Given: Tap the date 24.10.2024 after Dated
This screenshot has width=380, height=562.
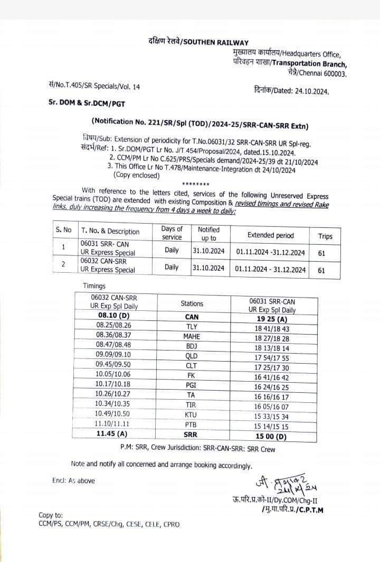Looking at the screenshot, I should tap(310, 91).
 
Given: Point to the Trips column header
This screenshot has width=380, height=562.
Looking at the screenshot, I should tap(326, 236).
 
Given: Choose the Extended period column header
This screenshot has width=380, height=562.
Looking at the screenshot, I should tap(270, 235).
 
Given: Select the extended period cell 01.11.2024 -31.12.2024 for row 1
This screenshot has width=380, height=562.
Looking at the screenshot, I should tap(270, 253).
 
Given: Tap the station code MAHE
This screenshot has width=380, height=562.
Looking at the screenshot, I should tap(192, 336).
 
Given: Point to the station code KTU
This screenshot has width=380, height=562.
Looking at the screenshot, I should tap(192, 413).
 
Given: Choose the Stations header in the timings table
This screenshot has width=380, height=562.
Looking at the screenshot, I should tap(192, 303).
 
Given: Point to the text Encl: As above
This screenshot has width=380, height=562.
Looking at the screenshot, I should tap(73, 481).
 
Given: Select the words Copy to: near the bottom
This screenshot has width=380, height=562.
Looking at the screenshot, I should tap(51, 515).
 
